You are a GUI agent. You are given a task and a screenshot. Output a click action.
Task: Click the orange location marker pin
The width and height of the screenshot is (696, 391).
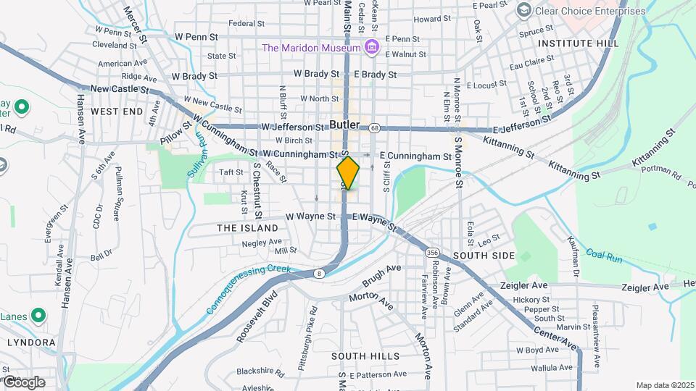[x=348, y=173]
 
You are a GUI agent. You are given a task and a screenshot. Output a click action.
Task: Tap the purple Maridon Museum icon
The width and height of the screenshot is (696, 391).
[x=373, y=48]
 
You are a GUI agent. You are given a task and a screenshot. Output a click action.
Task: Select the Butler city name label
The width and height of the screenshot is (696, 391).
[x=344, y=125]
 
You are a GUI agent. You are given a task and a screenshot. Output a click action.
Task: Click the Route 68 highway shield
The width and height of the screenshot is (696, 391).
[x=374, y=128]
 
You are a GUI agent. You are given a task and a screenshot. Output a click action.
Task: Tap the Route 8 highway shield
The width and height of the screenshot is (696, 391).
[x=318, y=272]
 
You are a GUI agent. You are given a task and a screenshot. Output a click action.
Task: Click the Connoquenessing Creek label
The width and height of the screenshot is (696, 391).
[x=248, y=288]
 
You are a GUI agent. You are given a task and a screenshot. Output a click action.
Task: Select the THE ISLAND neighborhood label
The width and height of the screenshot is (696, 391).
[x=248, y=228]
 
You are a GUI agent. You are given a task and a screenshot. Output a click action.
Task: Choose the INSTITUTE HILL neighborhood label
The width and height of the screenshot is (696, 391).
[x=579, y=43]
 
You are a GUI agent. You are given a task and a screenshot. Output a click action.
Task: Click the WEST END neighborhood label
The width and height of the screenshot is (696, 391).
[x=117, y=112]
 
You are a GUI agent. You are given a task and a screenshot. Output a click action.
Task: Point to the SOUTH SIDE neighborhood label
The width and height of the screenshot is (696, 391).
[x=484, y=256]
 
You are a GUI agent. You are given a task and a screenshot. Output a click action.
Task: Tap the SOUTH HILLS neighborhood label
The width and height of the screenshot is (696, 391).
[x=365, y=356]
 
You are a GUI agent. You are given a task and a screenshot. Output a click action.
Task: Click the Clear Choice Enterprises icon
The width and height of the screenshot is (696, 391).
[x=523, y=10]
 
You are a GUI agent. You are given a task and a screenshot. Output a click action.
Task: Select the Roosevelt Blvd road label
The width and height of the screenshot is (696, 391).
[x=257, y=316]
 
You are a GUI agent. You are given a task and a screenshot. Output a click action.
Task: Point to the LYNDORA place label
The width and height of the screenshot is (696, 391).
[x=31, y=342]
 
